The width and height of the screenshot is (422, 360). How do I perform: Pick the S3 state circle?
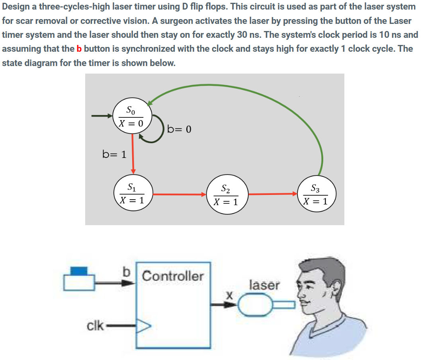(317, 195)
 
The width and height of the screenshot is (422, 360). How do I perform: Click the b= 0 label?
(179, 129)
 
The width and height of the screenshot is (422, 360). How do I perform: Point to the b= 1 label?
(114, 154)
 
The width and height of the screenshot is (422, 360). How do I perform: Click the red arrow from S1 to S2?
(179, 195)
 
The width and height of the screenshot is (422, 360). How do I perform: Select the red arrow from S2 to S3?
(274, 194)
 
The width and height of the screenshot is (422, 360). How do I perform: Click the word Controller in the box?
(173, 276)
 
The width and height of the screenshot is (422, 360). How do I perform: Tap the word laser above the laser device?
(264, 285)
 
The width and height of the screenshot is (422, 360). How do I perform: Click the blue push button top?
(79, 270)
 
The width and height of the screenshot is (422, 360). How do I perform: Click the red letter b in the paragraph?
(79, 49)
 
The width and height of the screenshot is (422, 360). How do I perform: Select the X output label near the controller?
(229, 296)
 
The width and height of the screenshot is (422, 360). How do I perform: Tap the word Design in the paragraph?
(16, 8)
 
